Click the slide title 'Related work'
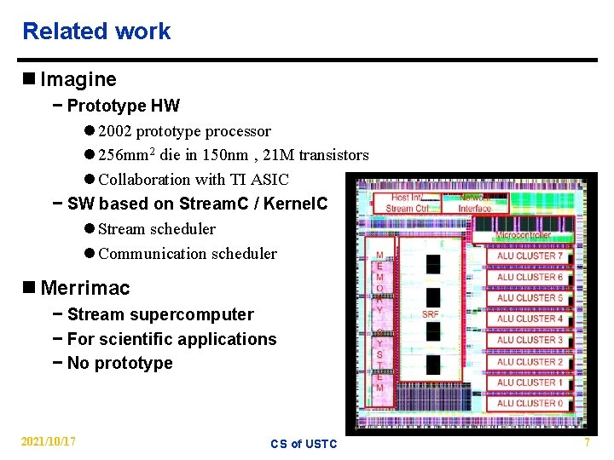[96, 32]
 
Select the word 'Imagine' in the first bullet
[78, 80]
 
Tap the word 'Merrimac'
[85, 288]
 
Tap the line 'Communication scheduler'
[188, 254]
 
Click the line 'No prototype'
[119, 364]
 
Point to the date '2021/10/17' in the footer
[49, 441]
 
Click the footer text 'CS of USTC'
[304, 444]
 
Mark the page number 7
[587, 441]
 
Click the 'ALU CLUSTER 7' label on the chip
[530, 256]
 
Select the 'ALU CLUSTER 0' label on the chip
[530, 403]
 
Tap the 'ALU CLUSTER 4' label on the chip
[530, 319]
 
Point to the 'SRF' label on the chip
[430, 314]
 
